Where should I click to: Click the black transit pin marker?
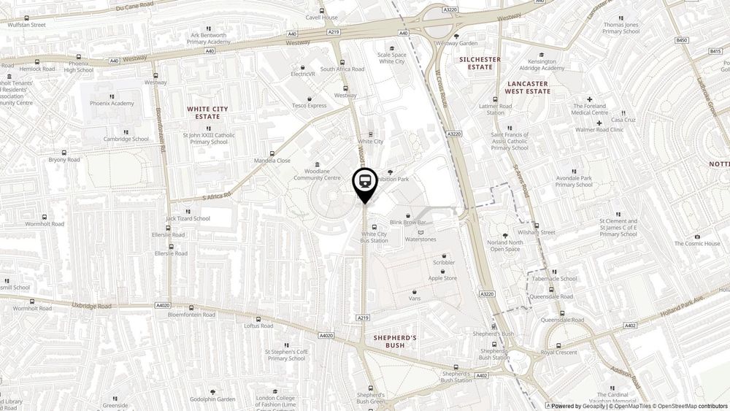coord(365,181)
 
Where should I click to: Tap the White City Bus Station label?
coord(374,237)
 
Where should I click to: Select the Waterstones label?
coord(420,239)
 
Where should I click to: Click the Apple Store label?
coord(442,278)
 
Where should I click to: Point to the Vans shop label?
coord(415,299)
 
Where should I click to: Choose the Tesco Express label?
coord(310,105)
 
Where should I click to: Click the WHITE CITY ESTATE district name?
coord(207,112)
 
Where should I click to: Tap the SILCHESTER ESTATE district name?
coord(480,63)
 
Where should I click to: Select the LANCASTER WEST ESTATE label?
coord(528,88)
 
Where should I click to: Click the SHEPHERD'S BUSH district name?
coord(395,341)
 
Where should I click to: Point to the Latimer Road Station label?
coord(496,110)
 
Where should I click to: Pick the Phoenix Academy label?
coord(112,103)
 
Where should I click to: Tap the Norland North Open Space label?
coord(505,246)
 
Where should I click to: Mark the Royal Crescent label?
coord(558,352)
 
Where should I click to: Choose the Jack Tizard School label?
coord(188,218)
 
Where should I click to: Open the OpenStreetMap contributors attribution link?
coord(691,406)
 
